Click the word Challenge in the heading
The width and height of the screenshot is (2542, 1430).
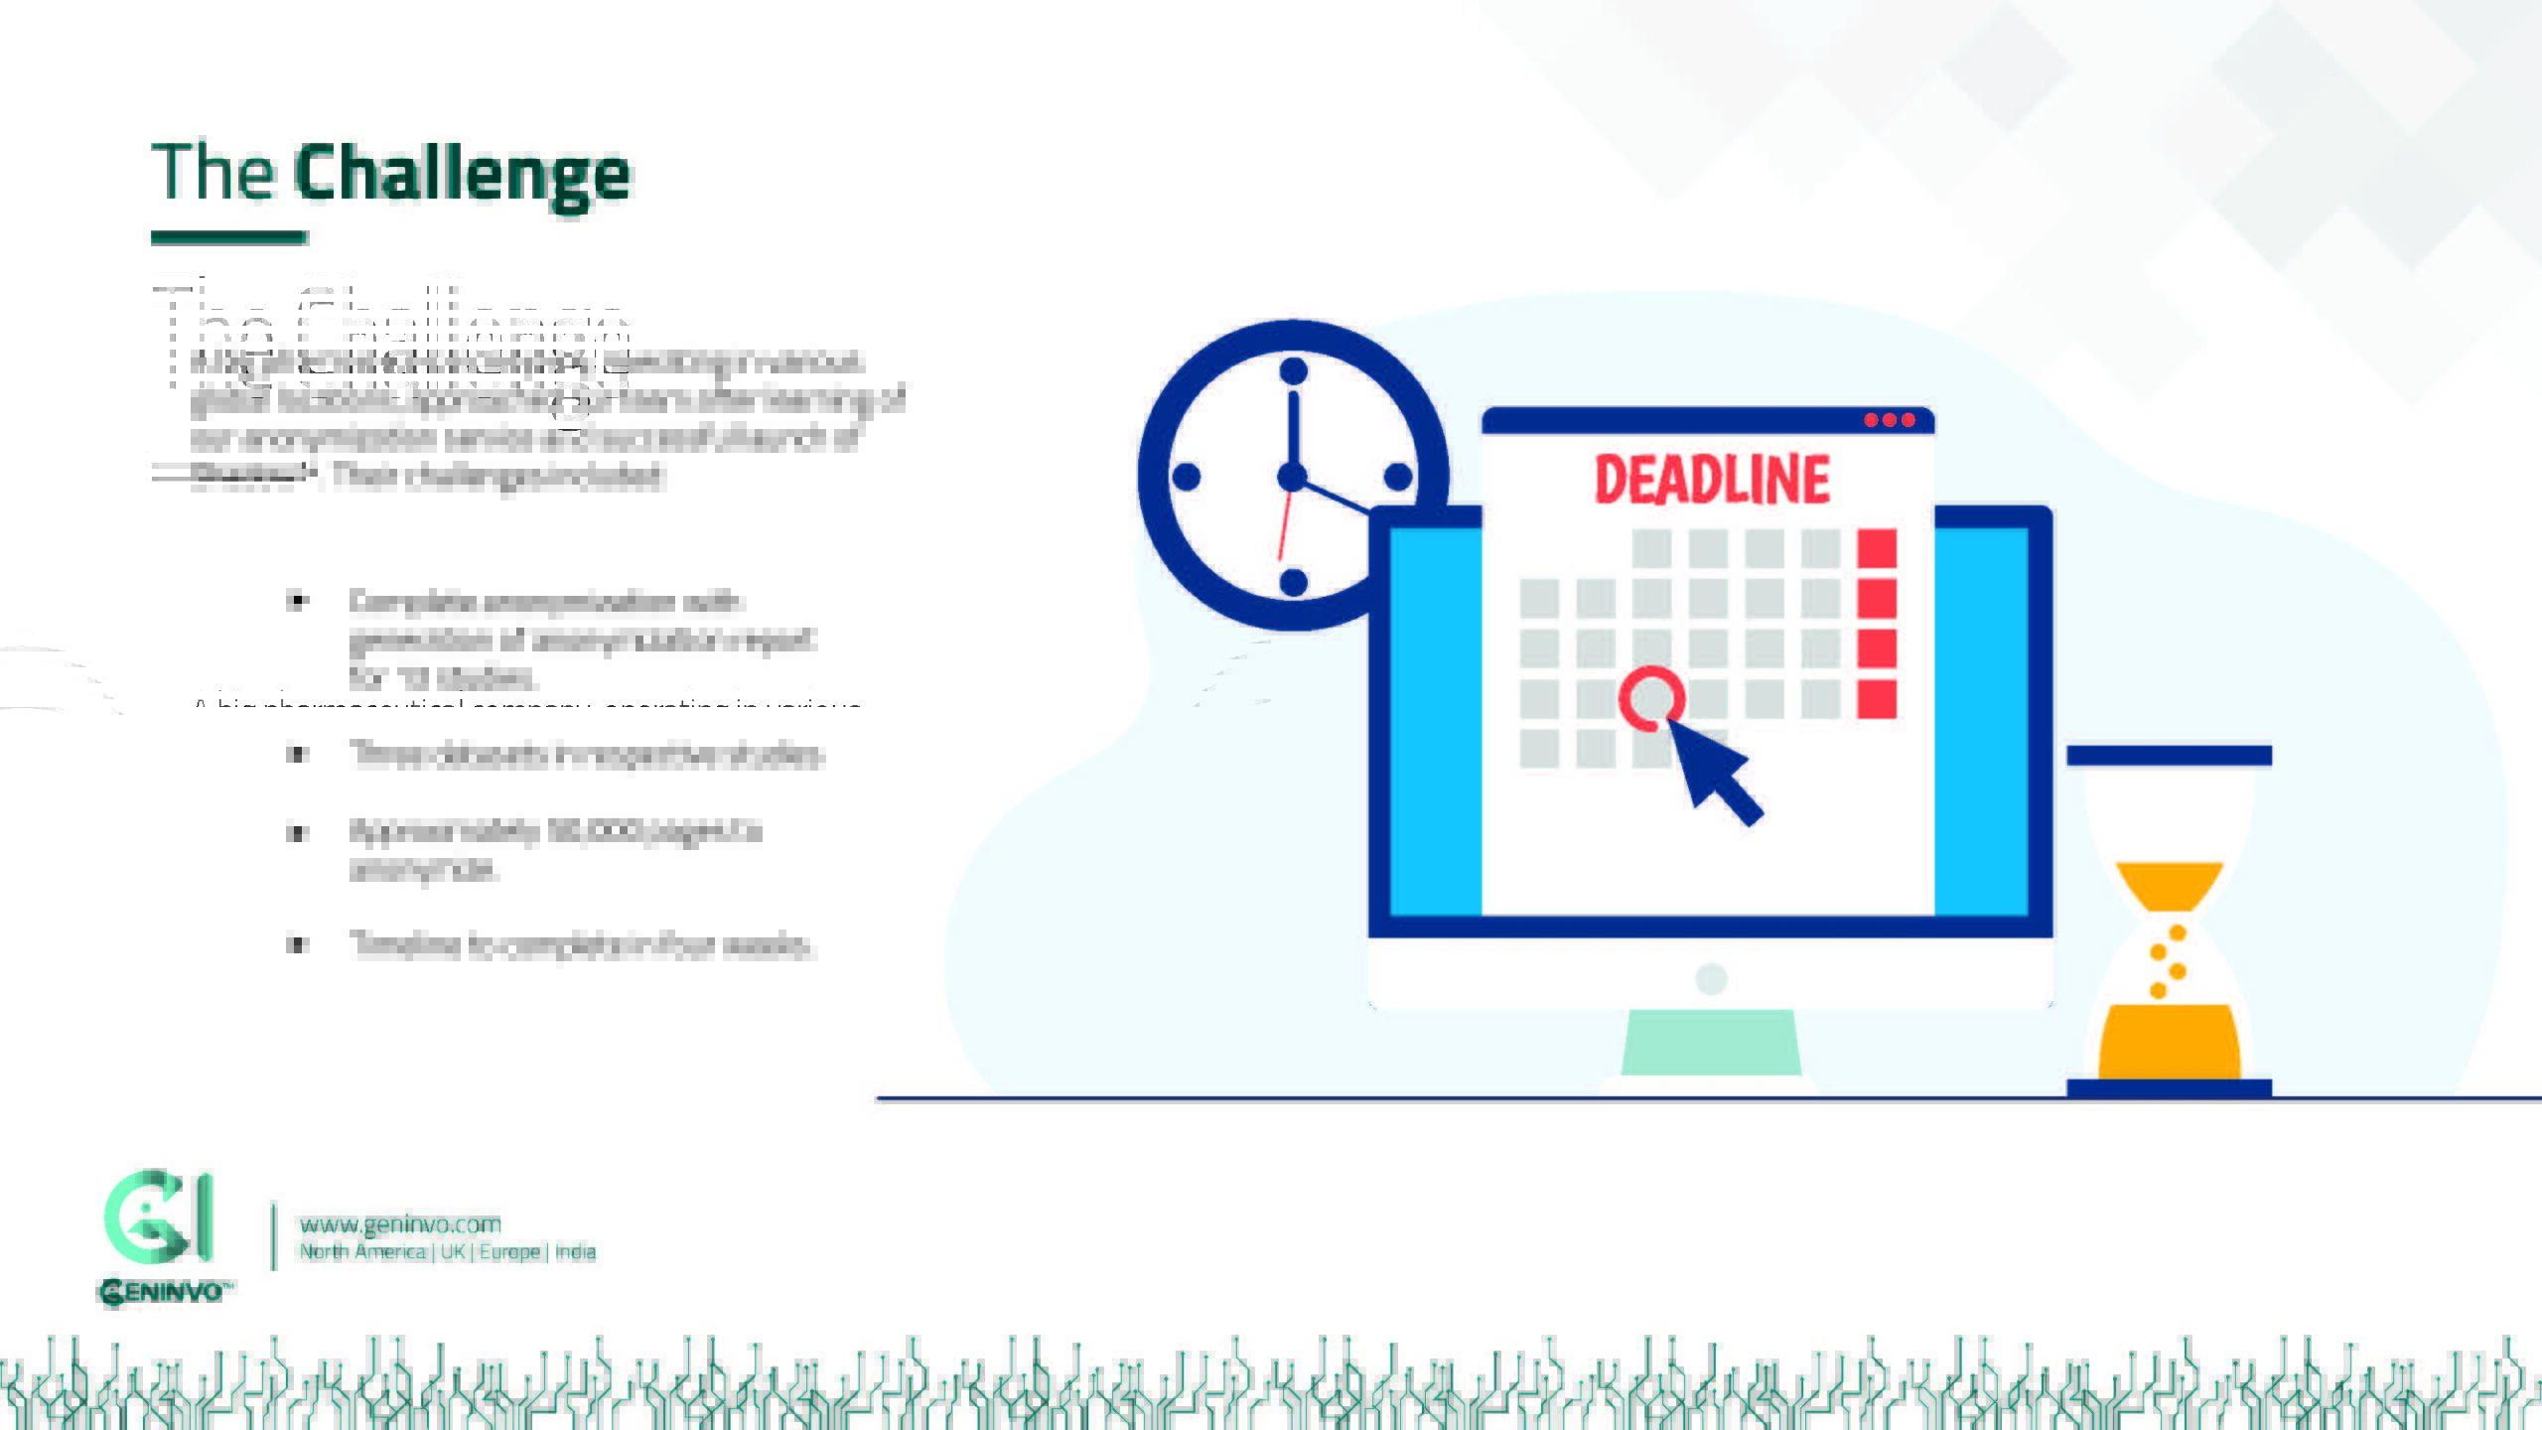pos(462,175)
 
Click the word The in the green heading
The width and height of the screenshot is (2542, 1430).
pos(212,172)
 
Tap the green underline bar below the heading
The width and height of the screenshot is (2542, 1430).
pos(228,237)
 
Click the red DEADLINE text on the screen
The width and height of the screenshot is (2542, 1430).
pos(1712,481)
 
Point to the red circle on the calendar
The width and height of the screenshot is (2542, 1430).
pos(1651,698)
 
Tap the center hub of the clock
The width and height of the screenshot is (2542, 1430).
pos(1292,478)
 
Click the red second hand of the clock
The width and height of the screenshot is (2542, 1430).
pos(1285,526)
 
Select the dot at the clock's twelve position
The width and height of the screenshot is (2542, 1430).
pos(1293,371)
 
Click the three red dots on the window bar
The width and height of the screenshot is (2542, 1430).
pos(1889,420)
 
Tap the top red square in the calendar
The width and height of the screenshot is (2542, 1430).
pos(1877,548)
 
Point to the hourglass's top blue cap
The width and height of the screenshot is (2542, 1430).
pos(2169,756)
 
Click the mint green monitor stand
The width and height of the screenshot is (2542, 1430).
pos(1711,1043)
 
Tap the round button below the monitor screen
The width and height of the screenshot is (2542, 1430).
pos(1711,979)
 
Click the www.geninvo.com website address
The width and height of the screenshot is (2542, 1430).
pos(400,1224)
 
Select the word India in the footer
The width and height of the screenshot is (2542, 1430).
pos(575,1252)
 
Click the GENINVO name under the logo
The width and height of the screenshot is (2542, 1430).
pos(164,1292)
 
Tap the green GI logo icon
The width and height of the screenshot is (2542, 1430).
pos(158,1216)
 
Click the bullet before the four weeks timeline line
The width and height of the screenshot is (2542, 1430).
pos(297,944)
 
